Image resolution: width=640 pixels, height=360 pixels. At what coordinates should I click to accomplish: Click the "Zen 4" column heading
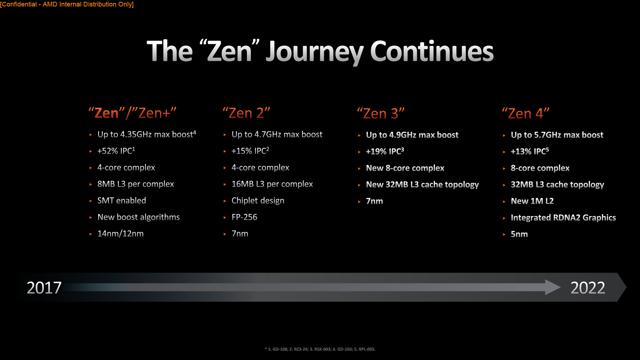coord(526,113)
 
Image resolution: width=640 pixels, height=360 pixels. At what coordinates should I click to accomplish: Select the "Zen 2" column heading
coord(246,113)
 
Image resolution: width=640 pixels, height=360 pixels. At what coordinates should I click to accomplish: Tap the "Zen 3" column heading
coord(381,113)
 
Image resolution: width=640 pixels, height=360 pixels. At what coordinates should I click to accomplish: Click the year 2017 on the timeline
coord(44,288)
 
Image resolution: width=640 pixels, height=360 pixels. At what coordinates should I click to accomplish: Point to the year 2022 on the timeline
coord(588,288)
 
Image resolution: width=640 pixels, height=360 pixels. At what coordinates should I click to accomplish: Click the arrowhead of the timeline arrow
coord(553,287)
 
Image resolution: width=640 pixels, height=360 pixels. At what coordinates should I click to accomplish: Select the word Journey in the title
coord(315,52)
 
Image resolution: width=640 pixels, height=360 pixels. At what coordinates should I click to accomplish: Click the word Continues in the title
coord(432,51)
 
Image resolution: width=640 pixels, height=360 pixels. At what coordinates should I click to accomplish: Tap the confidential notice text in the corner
coord(67,4)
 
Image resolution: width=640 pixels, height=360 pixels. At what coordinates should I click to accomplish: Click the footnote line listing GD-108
coord(320,349)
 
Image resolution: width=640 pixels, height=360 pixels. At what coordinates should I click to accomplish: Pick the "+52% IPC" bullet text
coord(116,150)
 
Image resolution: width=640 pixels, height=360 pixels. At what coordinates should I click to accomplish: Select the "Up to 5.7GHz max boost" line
coord(557,135)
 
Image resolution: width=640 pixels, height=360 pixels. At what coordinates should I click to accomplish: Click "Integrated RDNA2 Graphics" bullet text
coord(563,218)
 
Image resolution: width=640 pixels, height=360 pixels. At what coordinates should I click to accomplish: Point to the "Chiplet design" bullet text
coord(258,201)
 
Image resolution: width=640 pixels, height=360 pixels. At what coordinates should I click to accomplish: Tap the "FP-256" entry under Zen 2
coord(244,217)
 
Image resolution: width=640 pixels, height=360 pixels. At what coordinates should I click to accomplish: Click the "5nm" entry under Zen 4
coord(519,234)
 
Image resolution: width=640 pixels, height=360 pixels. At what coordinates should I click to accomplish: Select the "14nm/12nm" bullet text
coord(121,234)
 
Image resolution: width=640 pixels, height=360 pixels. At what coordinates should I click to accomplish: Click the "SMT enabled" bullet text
coord(122,201)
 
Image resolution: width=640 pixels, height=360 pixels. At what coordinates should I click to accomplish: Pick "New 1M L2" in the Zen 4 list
coord(532,201)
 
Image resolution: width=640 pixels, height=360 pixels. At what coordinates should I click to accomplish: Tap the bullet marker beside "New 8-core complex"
coord(359,168)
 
